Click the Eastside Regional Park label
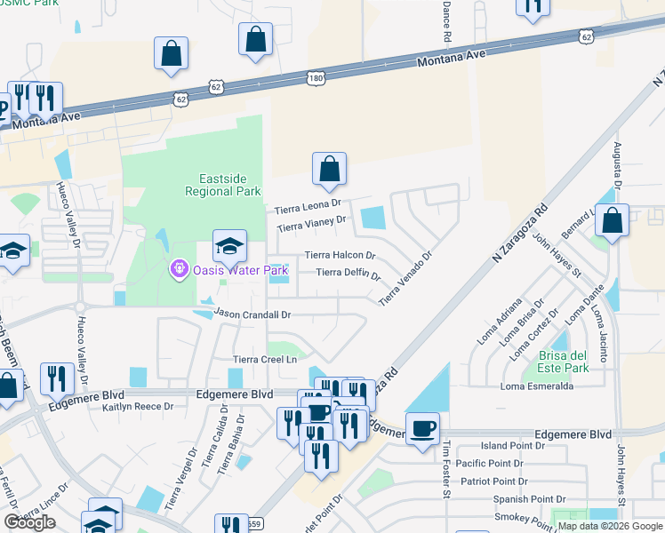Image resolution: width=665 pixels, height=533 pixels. [222, 184]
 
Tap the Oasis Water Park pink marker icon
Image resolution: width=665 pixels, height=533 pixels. [179, 266]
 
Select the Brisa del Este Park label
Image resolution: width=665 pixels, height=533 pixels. [563, 362]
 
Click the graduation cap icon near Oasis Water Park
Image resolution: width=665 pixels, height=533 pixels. [228, 245]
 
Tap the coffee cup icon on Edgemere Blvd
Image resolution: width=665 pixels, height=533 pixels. [422, 429]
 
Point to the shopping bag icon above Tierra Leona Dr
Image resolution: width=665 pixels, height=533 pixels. [329, 169]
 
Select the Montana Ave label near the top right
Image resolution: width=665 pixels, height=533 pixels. [453, 60]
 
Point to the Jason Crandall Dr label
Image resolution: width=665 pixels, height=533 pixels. [252, 314]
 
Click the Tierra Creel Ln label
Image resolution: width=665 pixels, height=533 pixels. [264, 359]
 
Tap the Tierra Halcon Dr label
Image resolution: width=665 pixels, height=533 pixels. [341, 255]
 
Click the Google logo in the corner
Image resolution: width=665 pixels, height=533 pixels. [29, 522]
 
